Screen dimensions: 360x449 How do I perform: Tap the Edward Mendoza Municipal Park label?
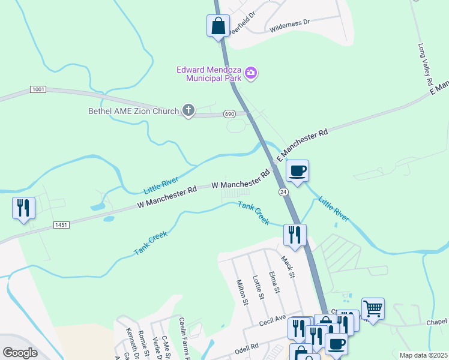tap(209, 74)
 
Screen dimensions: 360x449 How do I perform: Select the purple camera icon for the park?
tap(251, 74)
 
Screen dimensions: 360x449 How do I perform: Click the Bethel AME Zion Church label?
tap(134, 111)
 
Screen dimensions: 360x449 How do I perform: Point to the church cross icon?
tap(188, 110)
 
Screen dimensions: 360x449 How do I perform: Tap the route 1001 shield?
tap(38, 89)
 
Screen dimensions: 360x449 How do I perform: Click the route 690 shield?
tap(229, 113)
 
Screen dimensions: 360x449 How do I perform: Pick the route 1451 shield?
tap(62, 225)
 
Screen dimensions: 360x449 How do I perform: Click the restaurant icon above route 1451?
tap(23, 208)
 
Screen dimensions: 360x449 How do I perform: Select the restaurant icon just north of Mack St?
tap(295, 235)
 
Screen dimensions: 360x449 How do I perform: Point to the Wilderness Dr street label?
tap(289, 22)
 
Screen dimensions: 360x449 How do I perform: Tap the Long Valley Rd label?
tap(426, 65)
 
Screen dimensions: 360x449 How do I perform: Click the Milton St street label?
tap(242, 292)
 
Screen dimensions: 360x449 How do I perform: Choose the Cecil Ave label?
tap(272, 322)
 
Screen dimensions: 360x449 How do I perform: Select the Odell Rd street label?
tap(246, 347)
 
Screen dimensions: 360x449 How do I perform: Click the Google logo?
tap(20, 352)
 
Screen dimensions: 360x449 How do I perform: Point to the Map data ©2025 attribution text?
tap(423, 355)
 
